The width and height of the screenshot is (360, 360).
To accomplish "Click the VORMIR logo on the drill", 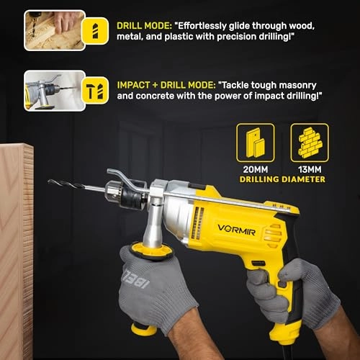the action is [x=236, y=230].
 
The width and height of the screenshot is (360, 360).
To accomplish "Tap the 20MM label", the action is [x=256, y=169].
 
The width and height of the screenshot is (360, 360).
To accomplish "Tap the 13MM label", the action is [x=310, y=169].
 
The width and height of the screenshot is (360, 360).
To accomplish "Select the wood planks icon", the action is [x=256, y=143].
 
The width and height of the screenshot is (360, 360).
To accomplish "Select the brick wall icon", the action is [x=310, y=143].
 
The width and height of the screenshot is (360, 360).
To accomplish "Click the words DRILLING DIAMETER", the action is [x=282, y=179].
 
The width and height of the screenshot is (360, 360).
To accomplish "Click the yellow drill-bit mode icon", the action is [x=95, y=31].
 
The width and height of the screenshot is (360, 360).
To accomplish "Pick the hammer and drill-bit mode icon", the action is [x=95, y=90].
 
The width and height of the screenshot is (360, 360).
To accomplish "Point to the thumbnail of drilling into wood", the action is [x=55, y=30].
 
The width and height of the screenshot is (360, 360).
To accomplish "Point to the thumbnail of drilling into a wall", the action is [x=55, y=91].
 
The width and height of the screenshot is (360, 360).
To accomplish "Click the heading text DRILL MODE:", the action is [x=144, y=26].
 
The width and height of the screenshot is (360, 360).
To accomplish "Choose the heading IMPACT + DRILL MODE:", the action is [x=166, y=85].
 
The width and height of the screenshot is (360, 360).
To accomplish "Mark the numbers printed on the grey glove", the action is [x=136, y=279].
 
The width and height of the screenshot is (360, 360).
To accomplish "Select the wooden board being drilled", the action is [x=17, y=251].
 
